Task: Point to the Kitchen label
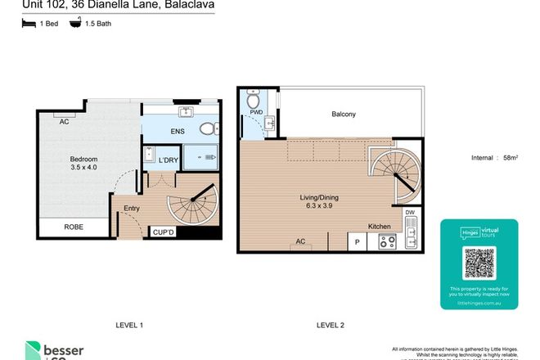pos(378,225)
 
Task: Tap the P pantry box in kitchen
pos(358,241)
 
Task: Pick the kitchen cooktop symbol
pos(387,241)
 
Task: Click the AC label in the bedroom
pos(63,121)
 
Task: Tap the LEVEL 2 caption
pos(331,326)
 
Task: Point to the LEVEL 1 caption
pos(129,326)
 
